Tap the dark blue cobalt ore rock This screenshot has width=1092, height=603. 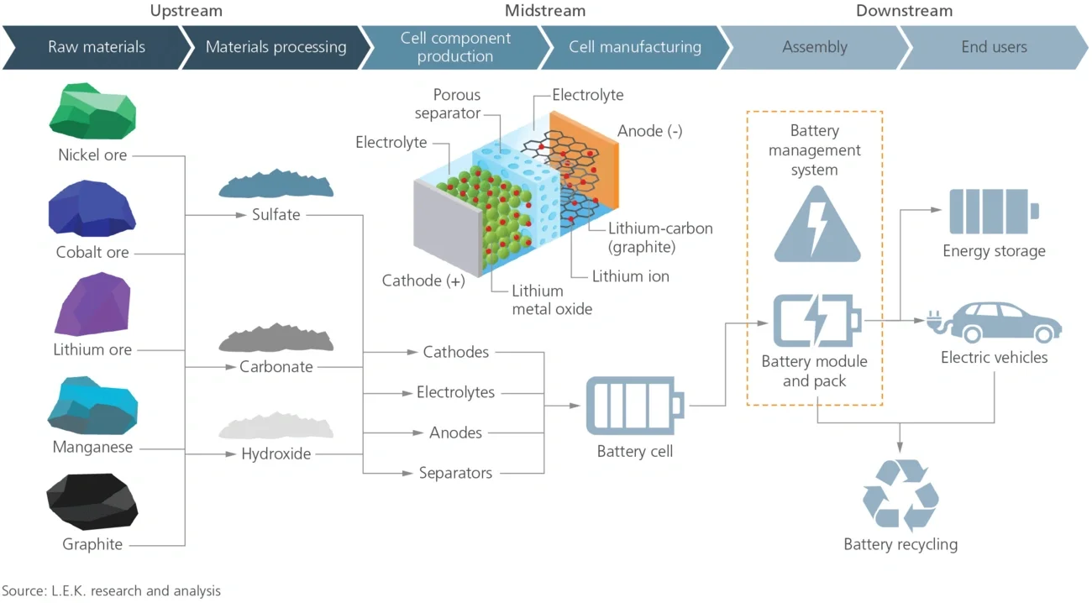(x=92, y=208)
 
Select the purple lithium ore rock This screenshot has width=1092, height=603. (x=92, y=304)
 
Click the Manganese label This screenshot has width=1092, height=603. (x=92, y=447)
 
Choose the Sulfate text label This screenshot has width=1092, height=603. (x=276, y=214)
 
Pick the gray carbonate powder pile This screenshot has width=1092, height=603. (x=276, y=339)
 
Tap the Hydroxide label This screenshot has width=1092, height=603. (x=276, y=454)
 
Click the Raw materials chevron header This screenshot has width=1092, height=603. (x=96, y=47)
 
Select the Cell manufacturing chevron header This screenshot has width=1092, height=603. (x=634, y=47)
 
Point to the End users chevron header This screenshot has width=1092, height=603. (x=994, y=47)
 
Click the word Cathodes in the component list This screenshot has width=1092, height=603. (x=455, y=352)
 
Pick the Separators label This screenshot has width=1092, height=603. (x=455, y=473)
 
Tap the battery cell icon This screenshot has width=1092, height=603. (x=634, y=406)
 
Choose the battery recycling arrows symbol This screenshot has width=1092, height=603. (x=900, y=496)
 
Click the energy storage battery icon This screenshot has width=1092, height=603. (x=994, y=212)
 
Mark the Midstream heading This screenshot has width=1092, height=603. (x=545, y=11)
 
